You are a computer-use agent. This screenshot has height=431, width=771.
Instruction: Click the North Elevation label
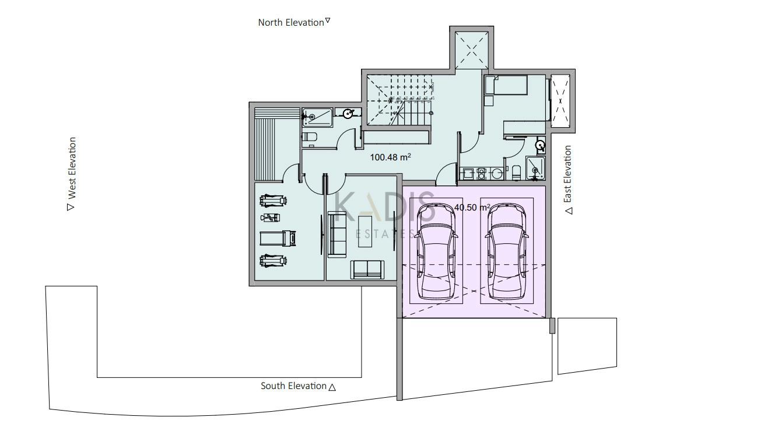291,22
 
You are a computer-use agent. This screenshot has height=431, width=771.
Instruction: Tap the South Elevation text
293,386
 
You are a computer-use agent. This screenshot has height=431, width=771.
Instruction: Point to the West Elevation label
72,168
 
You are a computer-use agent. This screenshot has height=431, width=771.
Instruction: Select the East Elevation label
567,174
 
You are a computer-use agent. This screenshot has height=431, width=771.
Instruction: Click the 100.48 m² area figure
390,157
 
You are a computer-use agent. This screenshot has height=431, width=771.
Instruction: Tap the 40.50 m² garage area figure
472,207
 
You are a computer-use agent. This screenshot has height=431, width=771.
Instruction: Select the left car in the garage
436,251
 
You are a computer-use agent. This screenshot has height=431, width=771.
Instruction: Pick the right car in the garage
507,251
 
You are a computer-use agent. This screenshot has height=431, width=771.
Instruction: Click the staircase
399,100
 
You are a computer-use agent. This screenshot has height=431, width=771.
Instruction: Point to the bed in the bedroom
506,85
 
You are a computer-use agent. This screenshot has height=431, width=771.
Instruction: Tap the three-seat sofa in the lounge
337,234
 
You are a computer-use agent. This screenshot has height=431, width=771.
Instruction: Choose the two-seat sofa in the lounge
367,269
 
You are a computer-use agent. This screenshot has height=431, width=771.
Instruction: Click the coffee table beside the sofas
365,232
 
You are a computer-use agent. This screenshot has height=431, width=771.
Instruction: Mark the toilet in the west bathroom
310,136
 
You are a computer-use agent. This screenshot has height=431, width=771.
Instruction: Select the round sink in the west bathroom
348,113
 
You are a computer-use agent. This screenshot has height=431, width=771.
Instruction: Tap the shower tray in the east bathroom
535,168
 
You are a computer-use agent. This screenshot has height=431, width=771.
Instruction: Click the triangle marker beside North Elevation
328,20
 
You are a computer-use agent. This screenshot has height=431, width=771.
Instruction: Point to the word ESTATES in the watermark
385,234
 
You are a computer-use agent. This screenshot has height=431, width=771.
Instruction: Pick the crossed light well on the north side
472,50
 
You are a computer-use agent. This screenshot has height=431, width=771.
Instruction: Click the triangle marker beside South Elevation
332,388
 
